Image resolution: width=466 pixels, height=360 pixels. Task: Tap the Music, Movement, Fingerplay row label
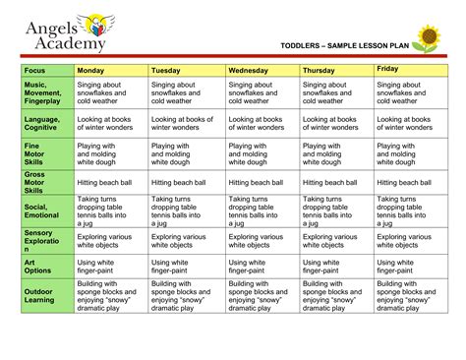[x=44, y=92]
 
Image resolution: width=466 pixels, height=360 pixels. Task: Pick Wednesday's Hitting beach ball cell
[x=262, y=182]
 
